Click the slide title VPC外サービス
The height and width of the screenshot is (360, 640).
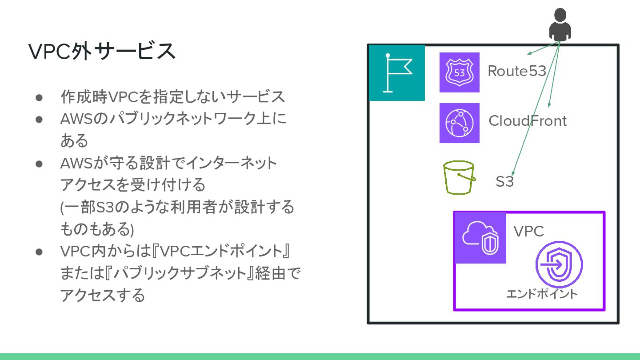[x=102, y=52]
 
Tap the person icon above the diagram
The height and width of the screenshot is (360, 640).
[x=560, y=24]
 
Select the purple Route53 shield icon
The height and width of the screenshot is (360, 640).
[x=459, y=72]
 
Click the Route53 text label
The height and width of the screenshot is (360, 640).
[x=517, y=71]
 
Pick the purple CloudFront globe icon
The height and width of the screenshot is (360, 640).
[x=459, y=123]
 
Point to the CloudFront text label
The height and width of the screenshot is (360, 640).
[x=528, y=121]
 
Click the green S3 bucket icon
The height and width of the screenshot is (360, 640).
[x=459, y=178]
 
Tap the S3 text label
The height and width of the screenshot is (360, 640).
[x=504, y=181]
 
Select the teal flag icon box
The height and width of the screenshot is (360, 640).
[x=397, y=73]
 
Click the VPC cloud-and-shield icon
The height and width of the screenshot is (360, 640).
[x=480, y=238]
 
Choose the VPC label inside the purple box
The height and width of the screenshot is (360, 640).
[x=528, y=231]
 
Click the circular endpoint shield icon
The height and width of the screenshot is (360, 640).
[x=559, y=265]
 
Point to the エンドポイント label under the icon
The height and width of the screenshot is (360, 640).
[x=542, y=294]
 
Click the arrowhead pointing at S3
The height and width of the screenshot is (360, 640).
[x=512, y=173]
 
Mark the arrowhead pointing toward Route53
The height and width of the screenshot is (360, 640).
[x=529, y=54]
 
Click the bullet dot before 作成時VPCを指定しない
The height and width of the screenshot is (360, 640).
[x=39, y=97]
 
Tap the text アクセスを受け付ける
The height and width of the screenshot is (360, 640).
[x=133, y=184]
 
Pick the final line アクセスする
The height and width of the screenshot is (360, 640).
[x=103, y=295]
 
